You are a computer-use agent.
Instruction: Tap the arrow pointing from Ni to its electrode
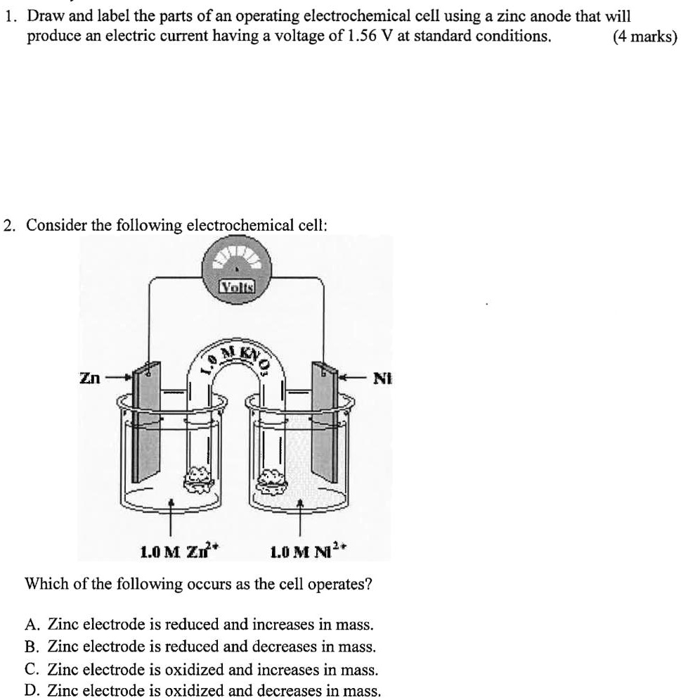[353, 378]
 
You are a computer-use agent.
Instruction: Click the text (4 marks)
[644, 36]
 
